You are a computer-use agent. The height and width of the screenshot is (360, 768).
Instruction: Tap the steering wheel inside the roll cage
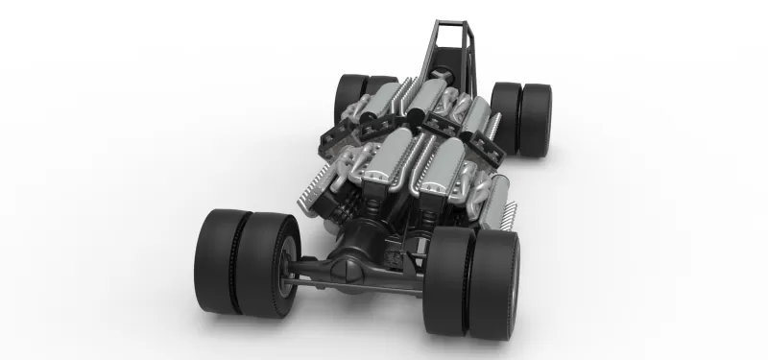(x=444, y=72)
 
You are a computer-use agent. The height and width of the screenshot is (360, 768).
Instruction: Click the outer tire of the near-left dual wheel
(x=219, y=262)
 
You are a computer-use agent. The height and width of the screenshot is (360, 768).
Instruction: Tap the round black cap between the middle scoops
(x=418, y=117)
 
